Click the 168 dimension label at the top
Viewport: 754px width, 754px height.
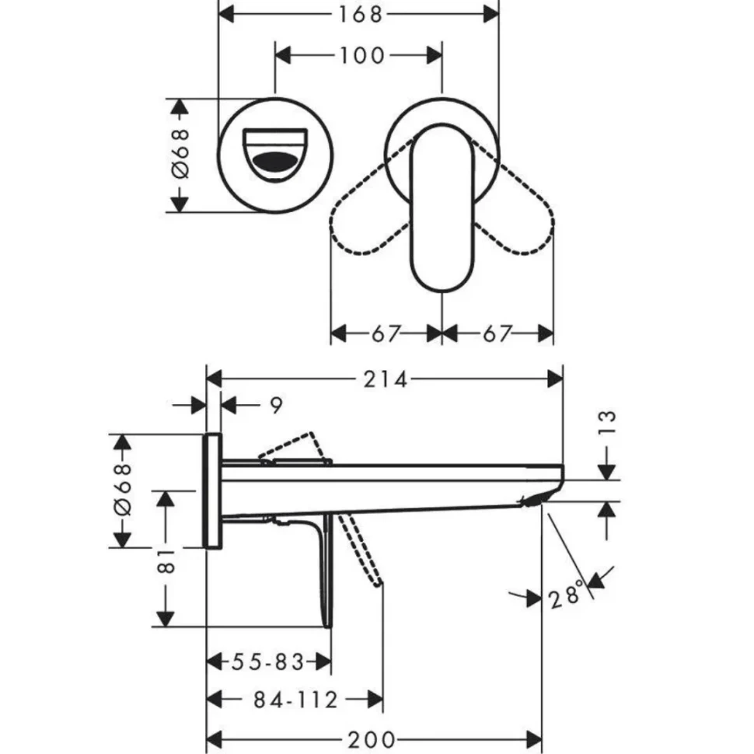click(x=361, y=14)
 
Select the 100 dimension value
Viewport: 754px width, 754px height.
click(x=361, y=55)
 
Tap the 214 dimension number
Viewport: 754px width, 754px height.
click(x=386, y=379)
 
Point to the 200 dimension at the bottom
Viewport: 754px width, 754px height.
click(x=375, y=738)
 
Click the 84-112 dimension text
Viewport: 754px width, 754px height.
click(x=296, y=700)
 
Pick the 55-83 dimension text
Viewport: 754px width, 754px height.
click(x=267, y=662)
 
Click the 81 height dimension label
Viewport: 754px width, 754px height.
click(x=165, y=558)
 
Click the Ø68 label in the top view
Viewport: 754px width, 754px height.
click(x=180, y=155)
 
